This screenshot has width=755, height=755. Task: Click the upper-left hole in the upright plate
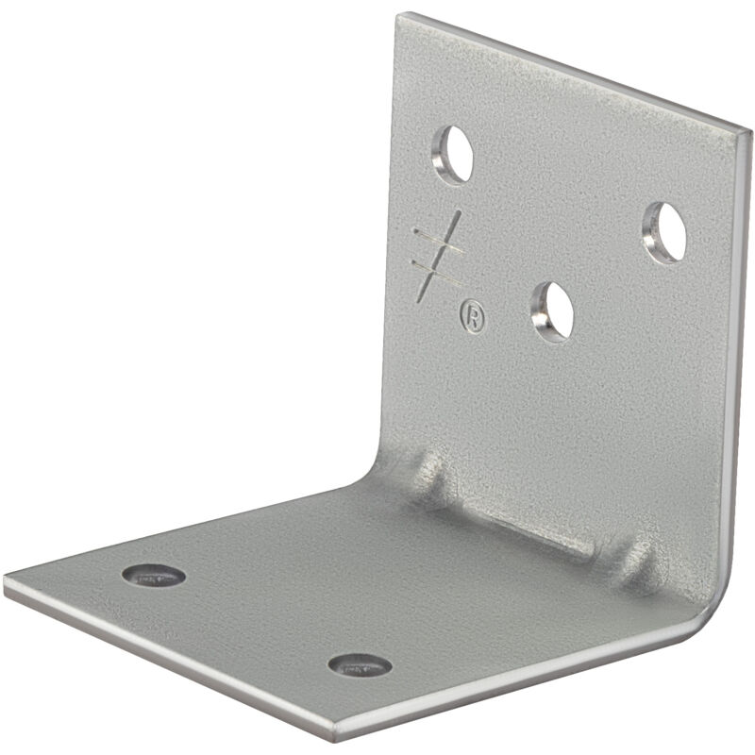tap(453, 153)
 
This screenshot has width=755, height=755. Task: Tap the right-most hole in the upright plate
tap(665, 232)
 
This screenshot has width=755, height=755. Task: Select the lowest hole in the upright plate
tap(553, 311)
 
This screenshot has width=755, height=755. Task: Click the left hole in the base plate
tap(154, 575)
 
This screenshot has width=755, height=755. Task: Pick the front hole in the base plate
tap(360, 664)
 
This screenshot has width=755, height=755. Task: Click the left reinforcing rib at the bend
tap(432, 477)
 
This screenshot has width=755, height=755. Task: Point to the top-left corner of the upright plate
tap(402, 16)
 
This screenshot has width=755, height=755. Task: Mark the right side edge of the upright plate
tap(739, 359)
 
